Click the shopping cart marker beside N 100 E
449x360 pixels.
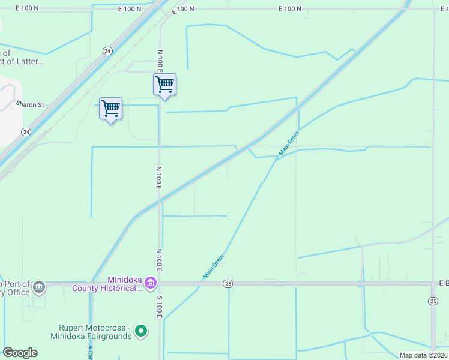pyautogui.click(x=164, y=84)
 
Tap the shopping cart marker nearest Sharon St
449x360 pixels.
pyautogui.click(x=110, y=109)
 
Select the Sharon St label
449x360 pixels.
pyautogui.click(x=31, y=104)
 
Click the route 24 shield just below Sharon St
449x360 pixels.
pyautogui.click(x=26, y=131)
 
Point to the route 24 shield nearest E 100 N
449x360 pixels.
pyautogui.click(x=107, y=51)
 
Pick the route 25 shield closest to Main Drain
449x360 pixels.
pyautogui.click(x=228, y=283)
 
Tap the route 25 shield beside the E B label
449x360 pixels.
pyautogui.click(x=433, y=300)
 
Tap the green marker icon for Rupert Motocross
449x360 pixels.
pyautogui.click(x=141, y=331)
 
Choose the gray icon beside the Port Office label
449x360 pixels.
pyautogui.click(x=39, y=286)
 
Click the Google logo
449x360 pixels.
pyautogui.click(x=20, y=353)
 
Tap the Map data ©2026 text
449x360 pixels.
pyautogui.click(x=423, y=355)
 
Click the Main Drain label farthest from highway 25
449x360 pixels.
pyautogui.click(x=288, y=145)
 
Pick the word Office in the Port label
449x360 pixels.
pyautogui.click(x=16, y=292)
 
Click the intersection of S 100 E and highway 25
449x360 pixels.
pyautogui.click(x=161, y=283)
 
